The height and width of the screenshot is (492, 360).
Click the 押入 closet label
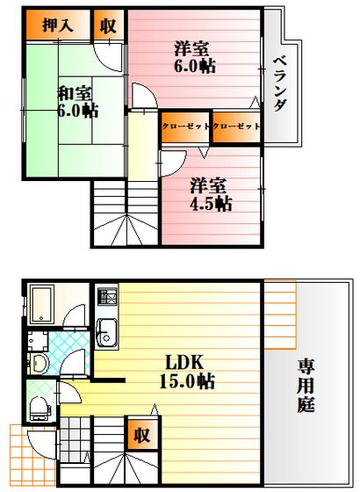tap(58, 25)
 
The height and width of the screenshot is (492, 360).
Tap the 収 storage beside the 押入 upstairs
tap(108, 25)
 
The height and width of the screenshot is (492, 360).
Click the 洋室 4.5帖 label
tap(211, 194)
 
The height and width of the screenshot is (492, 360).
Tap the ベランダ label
tap(280, 83)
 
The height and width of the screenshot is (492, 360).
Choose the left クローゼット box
tap(185, 127)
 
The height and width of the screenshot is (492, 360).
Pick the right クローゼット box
tap(236, 127)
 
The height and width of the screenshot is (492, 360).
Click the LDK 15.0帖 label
tap(187, 372)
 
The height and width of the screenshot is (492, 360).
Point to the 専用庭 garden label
tap(306, 387)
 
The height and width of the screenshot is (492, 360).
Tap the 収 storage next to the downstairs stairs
tap(142, 435)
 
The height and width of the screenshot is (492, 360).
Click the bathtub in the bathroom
tap(42, 304)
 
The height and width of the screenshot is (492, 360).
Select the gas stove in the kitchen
tap(107, 297)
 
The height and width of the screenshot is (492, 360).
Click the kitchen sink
tap(106, 333)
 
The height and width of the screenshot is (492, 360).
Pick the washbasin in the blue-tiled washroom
tap(40, 363)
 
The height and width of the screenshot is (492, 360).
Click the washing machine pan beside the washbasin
tap(38, 341)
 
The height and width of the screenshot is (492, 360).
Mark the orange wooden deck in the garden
tap(280, 315)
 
